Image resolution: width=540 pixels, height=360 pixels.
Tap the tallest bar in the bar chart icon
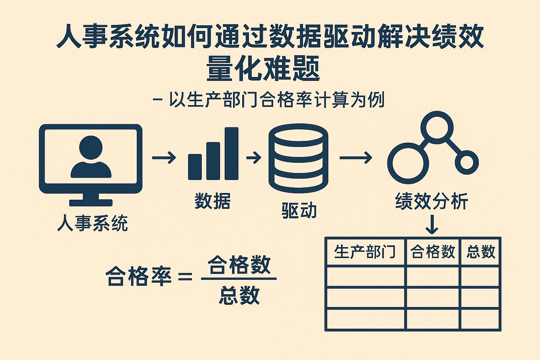pyautogui.click(x=231, y=154)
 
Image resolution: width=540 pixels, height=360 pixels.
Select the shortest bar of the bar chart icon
pyautogui.click(x=195, y=167)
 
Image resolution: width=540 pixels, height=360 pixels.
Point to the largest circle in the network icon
pyautogui.click(x=408, y=163)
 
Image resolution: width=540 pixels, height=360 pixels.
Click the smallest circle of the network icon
pyautogui.click(x=467, y=162)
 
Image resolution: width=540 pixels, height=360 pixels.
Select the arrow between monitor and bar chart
pyautogui.click(x=164, y=157)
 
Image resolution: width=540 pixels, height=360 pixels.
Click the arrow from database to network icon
pyautogui.click(x=355, y=157)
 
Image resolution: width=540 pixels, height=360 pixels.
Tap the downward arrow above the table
pyautogui.click(x=432, y=224)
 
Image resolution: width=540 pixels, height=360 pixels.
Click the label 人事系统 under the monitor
pyautogui.click(x=92, y=223)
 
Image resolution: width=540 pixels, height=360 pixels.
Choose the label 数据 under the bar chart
pyautogui.click(x=212, y=201)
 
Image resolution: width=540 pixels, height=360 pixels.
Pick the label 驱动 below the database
pyautogui.click(x=299, y=210)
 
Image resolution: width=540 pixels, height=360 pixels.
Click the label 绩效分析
pyautogui.click(x=432, y=201)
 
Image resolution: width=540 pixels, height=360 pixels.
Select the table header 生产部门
pyautogui.click(x=365, y=252)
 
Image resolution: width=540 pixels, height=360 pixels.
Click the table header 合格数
pyautogui.click(x=432, y=252)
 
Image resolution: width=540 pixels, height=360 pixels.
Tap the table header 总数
pyautogui.click(x=481, y=252)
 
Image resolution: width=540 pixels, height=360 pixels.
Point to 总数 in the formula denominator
pyautogui.click(x=239, y=295)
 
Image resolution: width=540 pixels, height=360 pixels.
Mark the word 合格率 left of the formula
pyautogui.click(x=139, y=276)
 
